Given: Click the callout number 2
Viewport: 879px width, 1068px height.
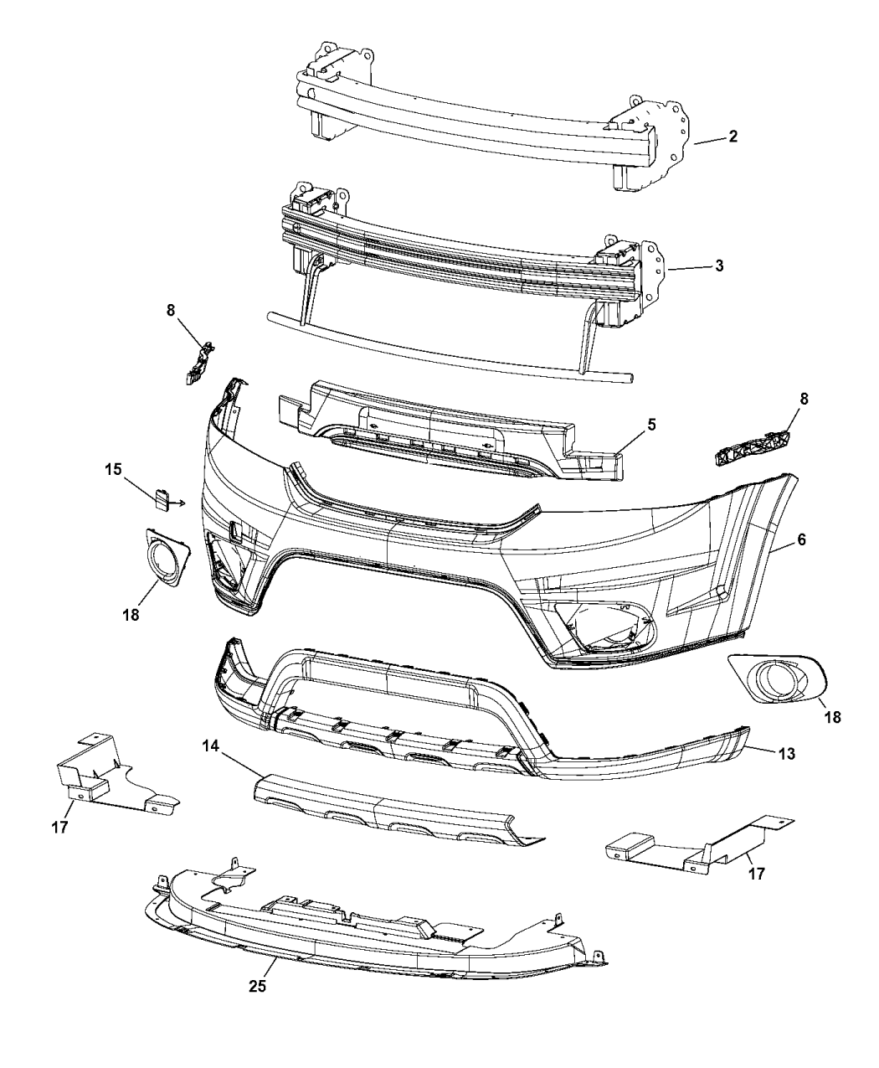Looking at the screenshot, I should (732, 137).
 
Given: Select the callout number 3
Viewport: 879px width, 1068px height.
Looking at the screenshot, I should (719, 266).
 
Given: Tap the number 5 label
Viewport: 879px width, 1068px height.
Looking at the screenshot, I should (650, 425).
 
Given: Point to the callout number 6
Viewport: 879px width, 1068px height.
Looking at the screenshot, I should (801, 540).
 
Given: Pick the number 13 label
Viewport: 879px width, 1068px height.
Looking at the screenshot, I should (784, 754).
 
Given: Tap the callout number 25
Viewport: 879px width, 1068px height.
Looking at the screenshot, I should (257, 987).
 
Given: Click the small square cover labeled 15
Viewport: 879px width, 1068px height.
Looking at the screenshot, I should (162, 500).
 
